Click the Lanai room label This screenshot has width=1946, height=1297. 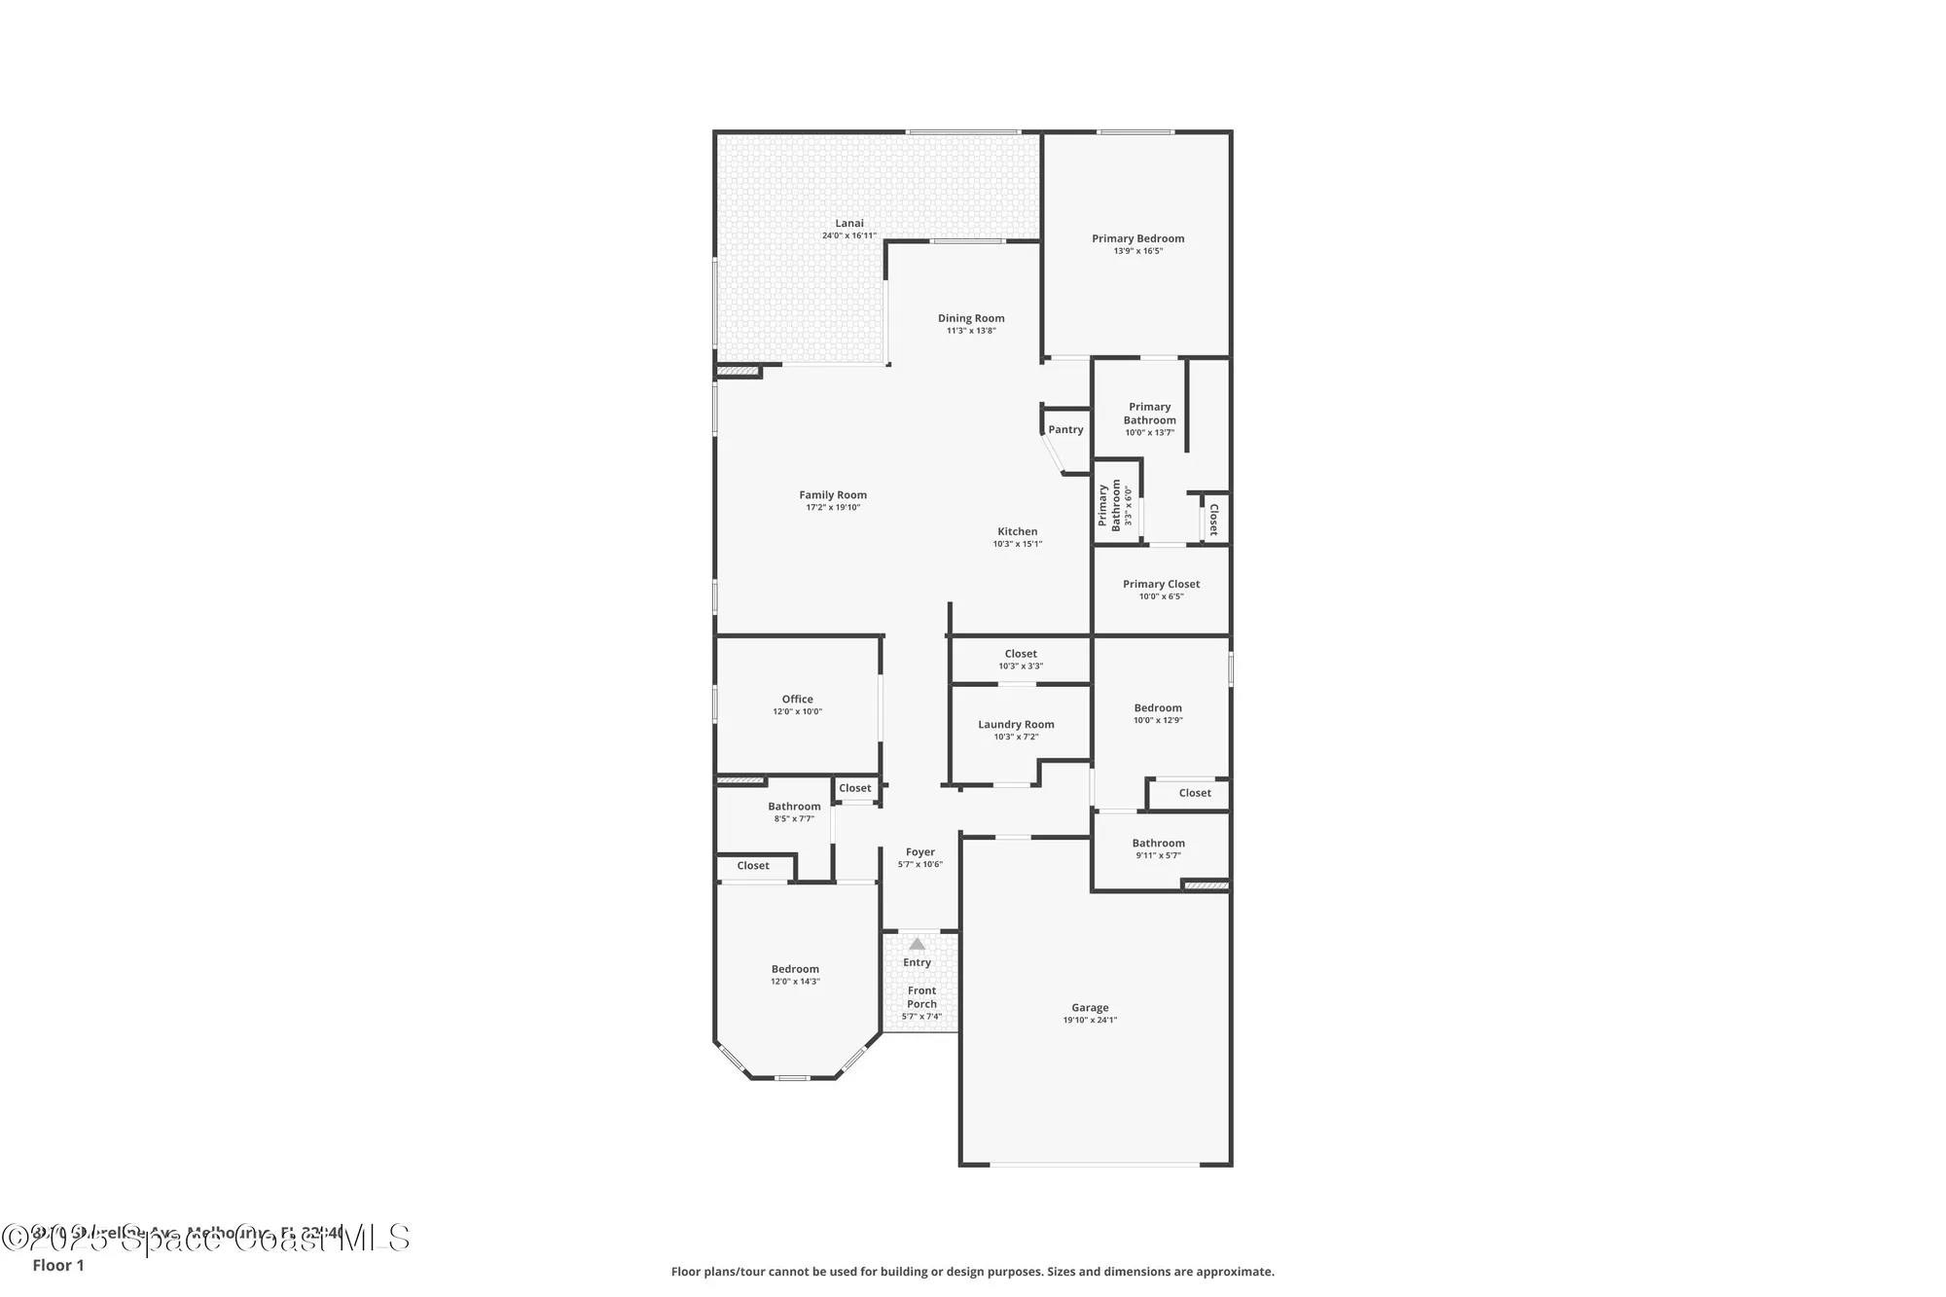[x=848, y=223]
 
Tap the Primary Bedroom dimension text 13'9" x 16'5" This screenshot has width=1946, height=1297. [x=1137, y=251]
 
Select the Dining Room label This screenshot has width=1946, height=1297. [x=970, y=318]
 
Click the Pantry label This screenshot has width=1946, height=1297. [x=1065, y=429]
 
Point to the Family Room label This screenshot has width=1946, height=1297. [x=832, y=495]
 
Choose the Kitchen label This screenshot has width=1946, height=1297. [x=1017, y=531]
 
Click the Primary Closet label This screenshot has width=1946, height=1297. [x=1161, y=584]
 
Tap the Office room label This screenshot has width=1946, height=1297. [x=797, y=699]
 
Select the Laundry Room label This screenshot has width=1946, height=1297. [x=1016, y=724]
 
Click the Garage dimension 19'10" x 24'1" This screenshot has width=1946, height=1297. [x=1090, y=1020]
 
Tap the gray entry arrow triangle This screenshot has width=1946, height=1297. [x=917, y=944]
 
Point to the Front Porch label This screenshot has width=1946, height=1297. [x=921, y=997]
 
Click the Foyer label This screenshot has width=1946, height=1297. [x=919, y=851]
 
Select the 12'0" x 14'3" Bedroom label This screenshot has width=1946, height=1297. [x=795, y=969]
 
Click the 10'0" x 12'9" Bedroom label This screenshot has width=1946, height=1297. [x=1157, y=708]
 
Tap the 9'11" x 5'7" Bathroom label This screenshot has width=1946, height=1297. [x=1158, y=844]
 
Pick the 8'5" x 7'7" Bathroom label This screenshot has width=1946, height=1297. [x=794, y=806]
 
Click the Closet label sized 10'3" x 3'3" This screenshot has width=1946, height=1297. [x=1021, y=654]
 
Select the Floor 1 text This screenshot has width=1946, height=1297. [x=58, y=1265]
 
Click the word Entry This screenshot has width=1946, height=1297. [x=917, y=962]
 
